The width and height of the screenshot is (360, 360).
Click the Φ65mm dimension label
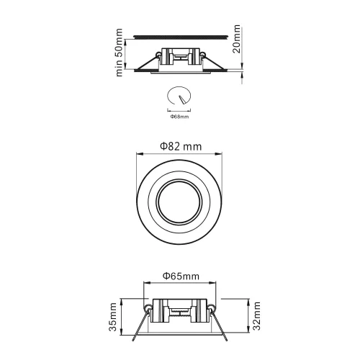[180, 275]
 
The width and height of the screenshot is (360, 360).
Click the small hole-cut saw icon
[179, 96]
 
